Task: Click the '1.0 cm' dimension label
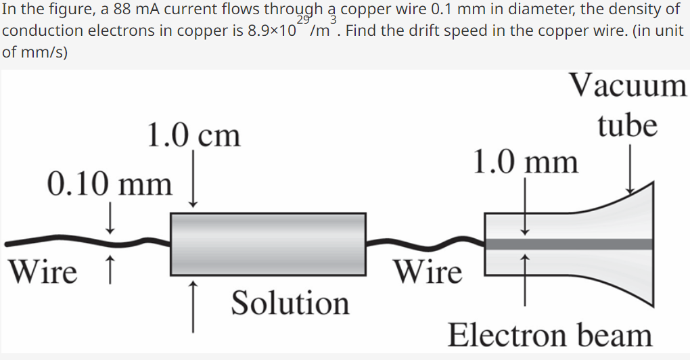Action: (193, 135)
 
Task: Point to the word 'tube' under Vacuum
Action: (628, 125)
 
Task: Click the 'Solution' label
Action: (290, 303)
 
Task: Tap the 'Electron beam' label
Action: (550, 335)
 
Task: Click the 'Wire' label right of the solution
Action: (429, 272)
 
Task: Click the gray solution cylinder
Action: (268, 244)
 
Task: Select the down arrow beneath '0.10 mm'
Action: (110, 220)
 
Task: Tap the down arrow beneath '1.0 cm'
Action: (194, 179)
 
